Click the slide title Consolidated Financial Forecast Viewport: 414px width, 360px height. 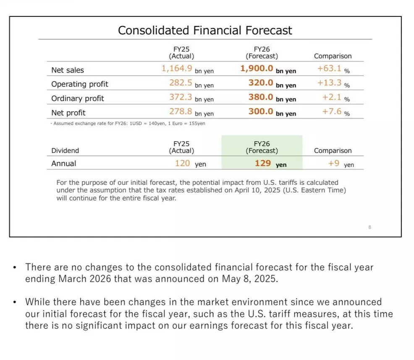pos(205,30)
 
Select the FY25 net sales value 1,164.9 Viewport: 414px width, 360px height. pos(177,68)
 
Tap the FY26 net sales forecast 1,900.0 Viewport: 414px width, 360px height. pos(257,68)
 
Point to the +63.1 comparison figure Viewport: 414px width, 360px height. pos(329,68)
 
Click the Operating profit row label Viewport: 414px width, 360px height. pos(80,84)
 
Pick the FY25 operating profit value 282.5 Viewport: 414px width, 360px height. pos(181,83)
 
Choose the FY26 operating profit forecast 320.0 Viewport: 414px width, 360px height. pos(260,83)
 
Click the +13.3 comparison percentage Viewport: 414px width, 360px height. pos(329,83)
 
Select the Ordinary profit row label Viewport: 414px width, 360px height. pos(78,98)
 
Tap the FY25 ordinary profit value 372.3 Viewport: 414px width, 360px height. pos(181,97)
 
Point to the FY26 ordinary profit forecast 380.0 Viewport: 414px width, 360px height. pos(260,97)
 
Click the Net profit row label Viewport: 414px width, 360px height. pos(68,113)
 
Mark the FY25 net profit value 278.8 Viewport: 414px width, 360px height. pos(181,111)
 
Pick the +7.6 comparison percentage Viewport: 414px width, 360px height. pos(332,111)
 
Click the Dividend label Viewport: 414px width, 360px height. pos(65,150)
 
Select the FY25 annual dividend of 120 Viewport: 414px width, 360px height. pos(183,163)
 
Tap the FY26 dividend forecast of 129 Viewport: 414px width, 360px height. pos(263,163)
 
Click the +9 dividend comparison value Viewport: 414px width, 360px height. pos(334,163)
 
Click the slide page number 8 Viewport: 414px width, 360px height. pos(369,227)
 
